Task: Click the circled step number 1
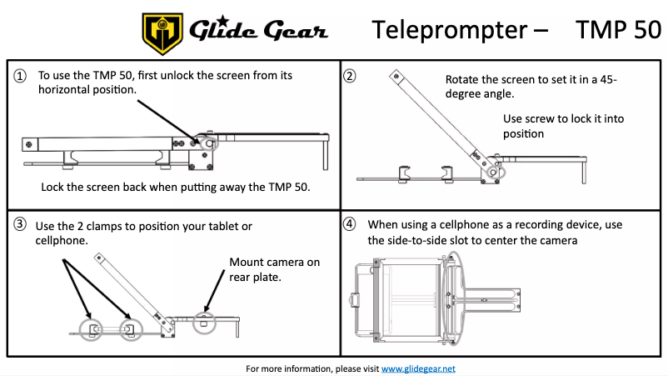[20, 76]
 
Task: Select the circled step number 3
[20, 225]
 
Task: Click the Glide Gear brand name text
[259, 32]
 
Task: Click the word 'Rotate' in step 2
[463, 79]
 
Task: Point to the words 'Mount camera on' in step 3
[274, 263]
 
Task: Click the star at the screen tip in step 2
[397, 76]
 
